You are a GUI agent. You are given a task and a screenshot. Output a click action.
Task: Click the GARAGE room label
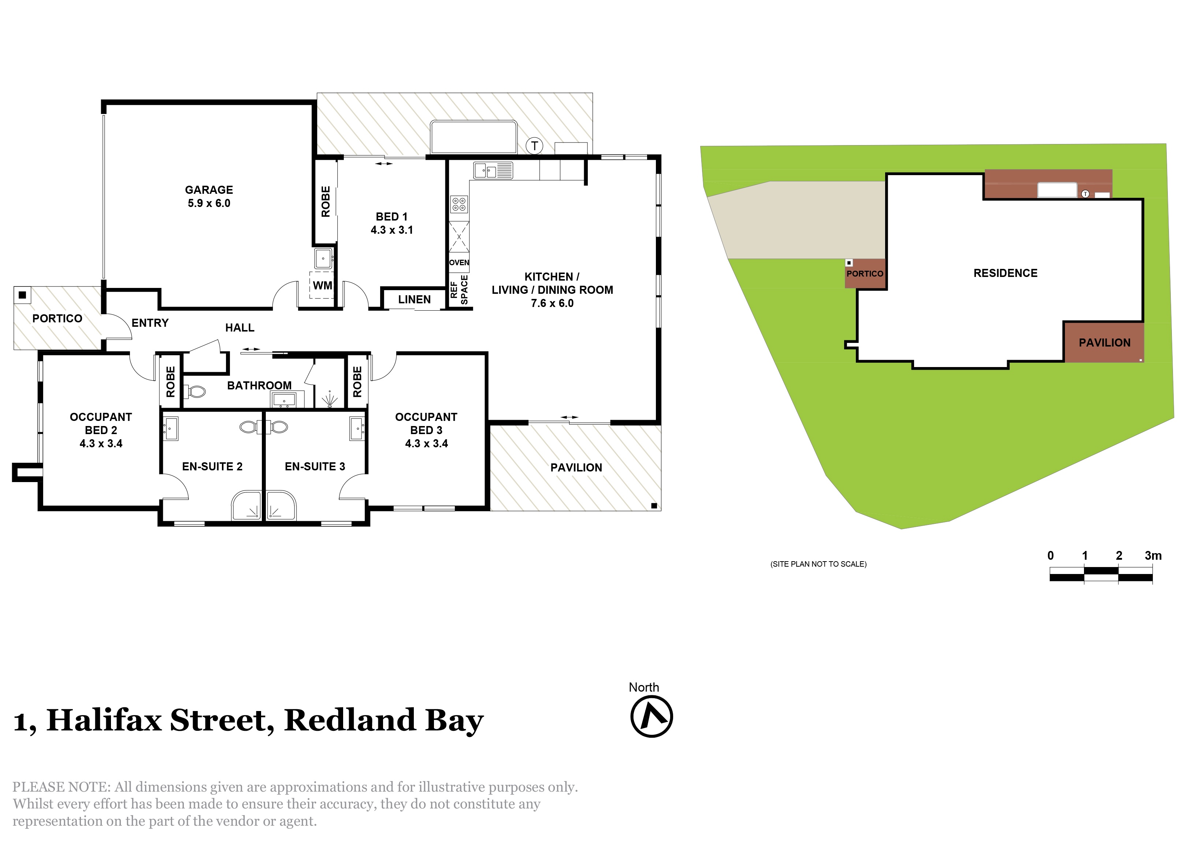209,190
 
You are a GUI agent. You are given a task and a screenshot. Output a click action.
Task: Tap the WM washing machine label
322,285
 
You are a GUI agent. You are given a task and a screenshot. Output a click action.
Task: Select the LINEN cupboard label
414,300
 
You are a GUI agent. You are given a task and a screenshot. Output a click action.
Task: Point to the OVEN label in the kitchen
459,263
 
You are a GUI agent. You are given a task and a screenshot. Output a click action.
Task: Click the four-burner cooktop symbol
459,204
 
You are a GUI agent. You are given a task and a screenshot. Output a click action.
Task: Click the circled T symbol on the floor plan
534,146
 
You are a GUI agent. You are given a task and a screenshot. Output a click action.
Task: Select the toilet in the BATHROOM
195,390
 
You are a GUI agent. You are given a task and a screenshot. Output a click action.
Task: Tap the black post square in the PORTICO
22,295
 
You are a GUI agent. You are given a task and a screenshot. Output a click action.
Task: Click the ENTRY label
150,323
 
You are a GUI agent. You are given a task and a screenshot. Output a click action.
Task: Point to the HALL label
240,327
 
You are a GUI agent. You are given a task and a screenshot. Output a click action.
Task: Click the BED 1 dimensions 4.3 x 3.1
392,230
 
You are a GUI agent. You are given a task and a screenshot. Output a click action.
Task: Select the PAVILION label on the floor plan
576,468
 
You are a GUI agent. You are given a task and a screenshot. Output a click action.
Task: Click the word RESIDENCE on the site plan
1005,273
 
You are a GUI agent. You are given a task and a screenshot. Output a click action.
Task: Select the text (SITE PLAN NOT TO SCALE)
818,564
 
